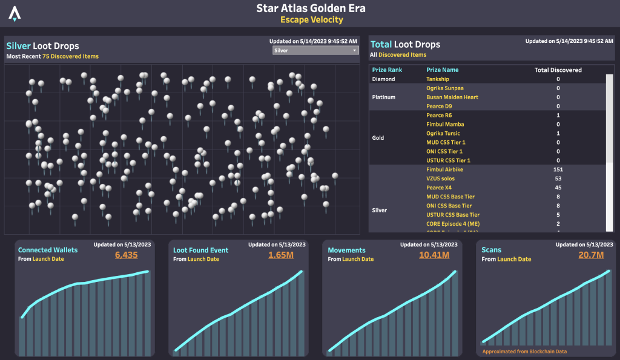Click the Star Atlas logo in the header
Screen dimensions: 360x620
pos(15,13)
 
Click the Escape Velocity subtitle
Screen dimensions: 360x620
pos(311,20)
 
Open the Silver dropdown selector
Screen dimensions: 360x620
pos(316,51)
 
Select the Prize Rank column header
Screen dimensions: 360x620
pos(387,70)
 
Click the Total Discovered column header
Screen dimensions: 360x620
pos(558,70)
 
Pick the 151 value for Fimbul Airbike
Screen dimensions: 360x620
pos(558,170)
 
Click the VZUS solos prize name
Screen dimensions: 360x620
pos(440,179)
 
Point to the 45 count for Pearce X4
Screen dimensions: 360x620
pos(558,188)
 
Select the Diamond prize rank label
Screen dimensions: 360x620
pos(383,79)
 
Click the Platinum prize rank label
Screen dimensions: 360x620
pos(384,97)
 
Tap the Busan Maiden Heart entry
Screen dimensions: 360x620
pos(452,97)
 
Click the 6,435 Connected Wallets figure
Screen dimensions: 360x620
pos(127,255)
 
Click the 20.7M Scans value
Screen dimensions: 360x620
pos(592,255)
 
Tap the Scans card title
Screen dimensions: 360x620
pos(491,250)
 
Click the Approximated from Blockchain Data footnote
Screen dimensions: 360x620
pos(524,351)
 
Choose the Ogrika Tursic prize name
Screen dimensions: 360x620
pos(443,134)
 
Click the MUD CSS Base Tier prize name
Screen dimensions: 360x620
pos(450,197)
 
